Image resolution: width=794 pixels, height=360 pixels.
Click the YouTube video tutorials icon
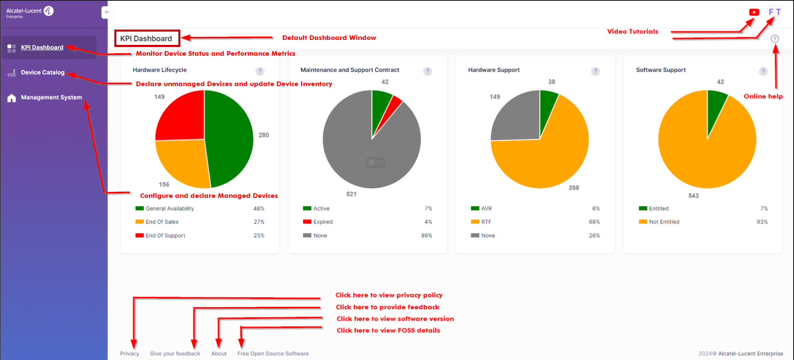754,12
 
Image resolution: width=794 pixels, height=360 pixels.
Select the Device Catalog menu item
42,72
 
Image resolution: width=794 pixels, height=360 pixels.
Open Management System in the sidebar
51,97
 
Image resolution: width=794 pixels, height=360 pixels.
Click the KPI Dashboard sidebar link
42,47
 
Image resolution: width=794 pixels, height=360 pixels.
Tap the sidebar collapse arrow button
107,12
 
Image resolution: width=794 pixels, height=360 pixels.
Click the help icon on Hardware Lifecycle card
260,71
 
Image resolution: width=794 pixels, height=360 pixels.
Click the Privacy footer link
129,353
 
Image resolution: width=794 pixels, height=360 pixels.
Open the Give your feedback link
175,353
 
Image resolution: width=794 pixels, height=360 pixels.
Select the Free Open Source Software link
273,353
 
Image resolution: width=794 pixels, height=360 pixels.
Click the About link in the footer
219,353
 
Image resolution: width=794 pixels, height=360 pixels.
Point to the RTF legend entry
486,222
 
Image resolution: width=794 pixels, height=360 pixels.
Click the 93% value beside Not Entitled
762,222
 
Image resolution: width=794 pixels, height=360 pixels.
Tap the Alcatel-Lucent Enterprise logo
29,12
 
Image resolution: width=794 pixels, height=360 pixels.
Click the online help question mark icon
774,39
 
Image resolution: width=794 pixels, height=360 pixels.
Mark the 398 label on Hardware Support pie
574,188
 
